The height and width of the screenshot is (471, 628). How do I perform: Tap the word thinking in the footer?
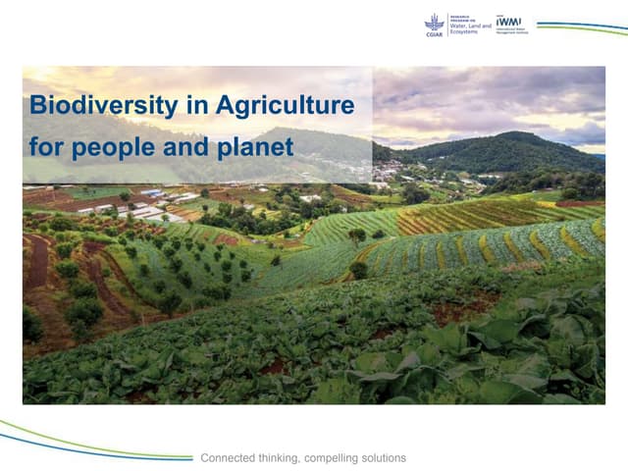click(286, 458)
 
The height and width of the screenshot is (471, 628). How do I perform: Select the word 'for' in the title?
click(46, 148)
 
